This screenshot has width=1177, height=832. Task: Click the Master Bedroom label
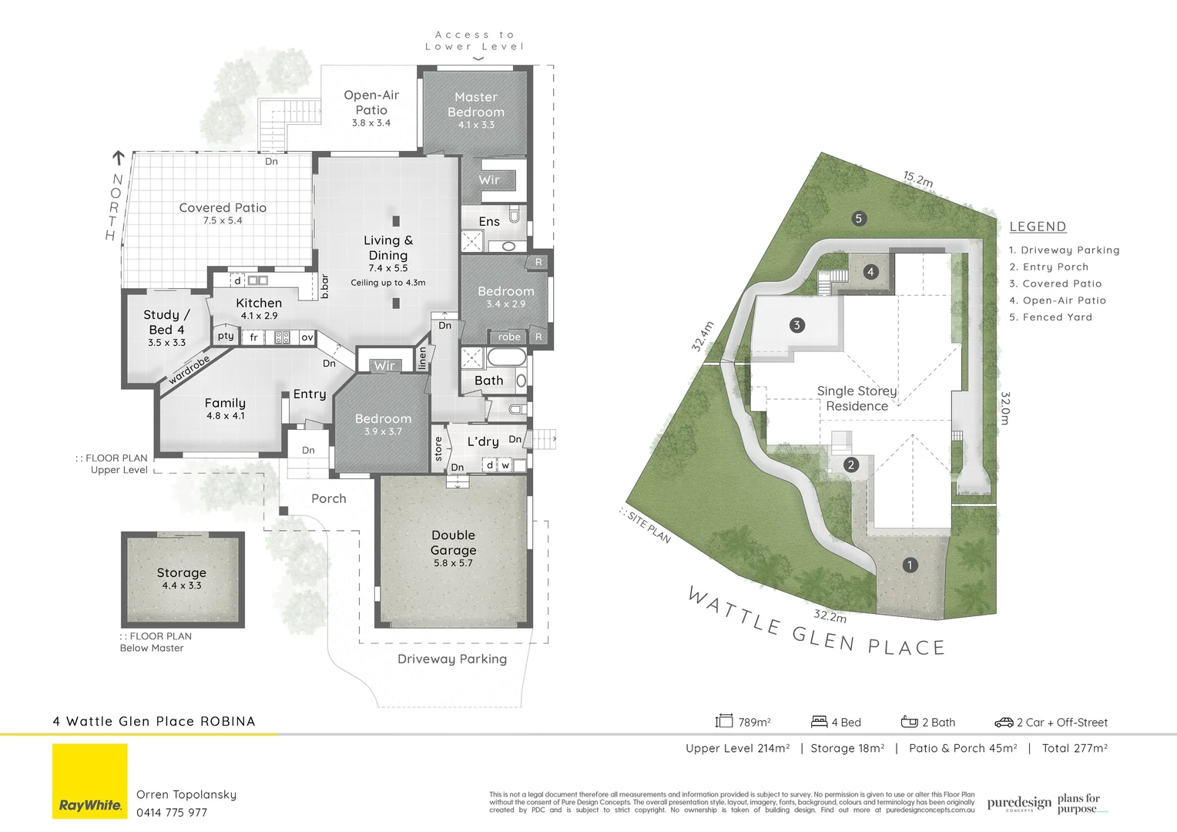pyautogui.click(x=476, y=105)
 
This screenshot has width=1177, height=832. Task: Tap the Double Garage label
pyautogui.click(x=453, y=542)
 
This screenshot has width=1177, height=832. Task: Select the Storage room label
pyautogui.click(x=182, y=572)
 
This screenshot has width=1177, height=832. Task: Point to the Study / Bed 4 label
pyautogui.click(x=166, y=322)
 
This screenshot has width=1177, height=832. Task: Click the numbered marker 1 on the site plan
pyautogui.click(x=910, y=565)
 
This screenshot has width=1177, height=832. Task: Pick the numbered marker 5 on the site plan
pyautogui.click(x=859, y=218)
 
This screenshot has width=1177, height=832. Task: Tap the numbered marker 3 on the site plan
pyautogui.click(x=797, y=325)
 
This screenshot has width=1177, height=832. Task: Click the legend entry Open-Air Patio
pyautogui.click(x=1058, y=300)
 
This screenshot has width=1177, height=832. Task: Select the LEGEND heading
pyautogui.click(x=1038, y=226)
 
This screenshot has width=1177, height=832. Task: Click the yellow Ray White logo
pyautogui.click(x=90, y=781)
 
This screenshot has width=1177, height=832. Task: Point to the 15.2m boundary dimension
pyautogui.click(x=918, y=179)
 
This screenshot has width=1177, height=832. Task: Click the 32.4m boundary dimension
pyautogui.click(x=703, y=336)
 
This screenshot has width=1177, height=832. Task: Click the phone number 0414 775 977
pyautogui.click(x=172, y=813)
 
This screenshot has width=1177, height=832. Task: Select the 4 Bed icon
pyautogui.click(x=819, y=722)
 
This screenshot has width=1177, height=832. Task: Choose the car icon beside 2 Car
pyautogui.click(x=1004, y=723)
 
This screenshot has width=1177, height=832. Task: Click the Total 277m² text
pyautogui.click(x=1075, y=748)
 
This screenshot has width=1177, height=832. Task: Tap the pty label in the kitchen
pyautogui.click(x=226, y=336)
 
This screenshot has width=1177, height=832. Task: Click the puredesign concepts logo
pyautogui.click(x=1019, y=803)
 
